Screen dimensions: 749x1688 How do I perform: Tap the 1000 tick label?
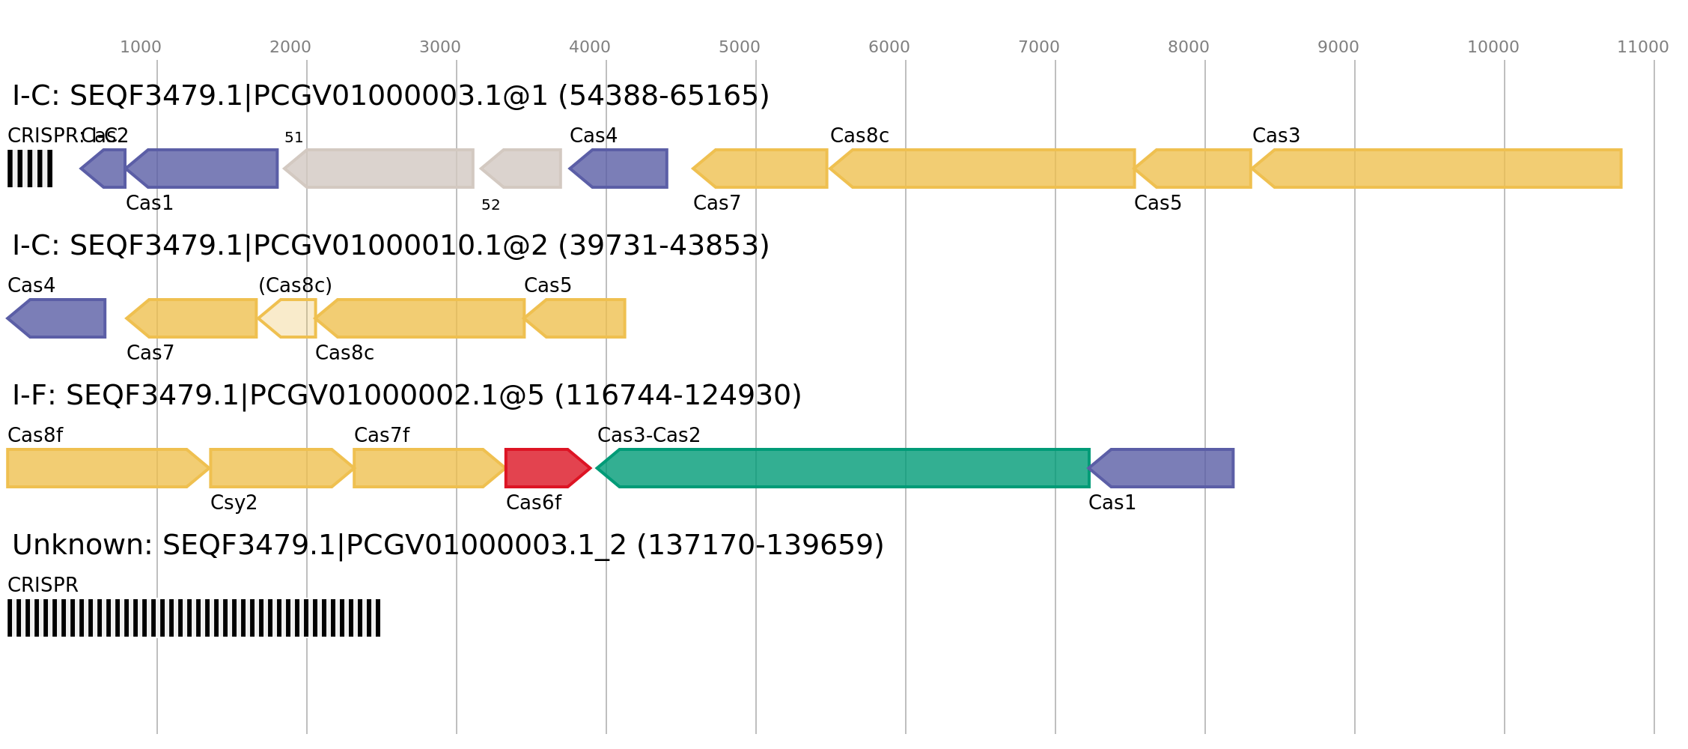(x=140, y=47)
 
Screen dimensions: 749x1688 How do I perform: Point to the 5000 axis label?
(x=739, y=47)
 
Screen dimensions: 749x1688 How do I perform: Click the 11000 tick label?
(x=1642, y=47)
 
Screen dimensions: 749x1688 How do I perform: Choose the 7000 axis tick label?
(x=1038, y=47)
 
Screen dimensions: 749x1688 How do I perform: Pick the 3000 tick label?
(x=439, y=47)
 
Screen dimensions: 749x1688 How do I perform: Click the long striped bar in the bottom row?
(x=194, y=618)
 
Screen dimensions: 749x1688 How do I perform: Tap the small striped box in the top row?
(x=30, y=169)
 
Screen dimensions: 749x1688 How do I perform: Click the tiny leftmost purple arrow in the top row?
(x=105, y=169)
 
